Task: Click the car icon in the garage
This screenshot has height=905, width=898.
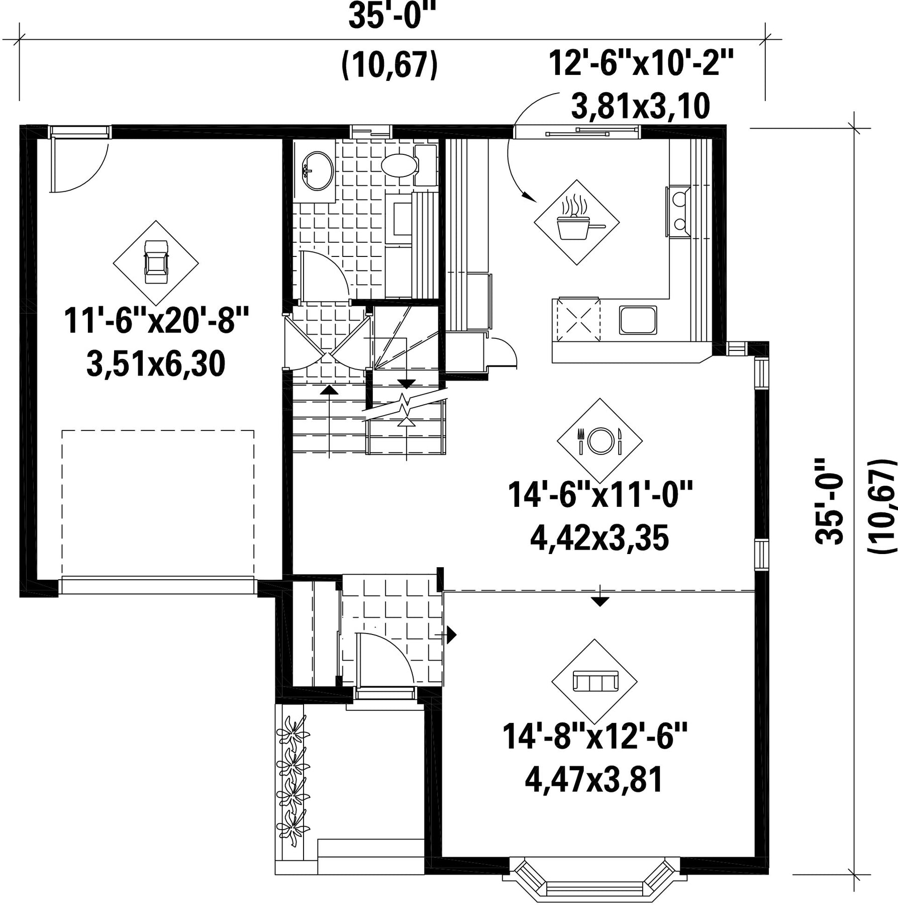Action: click(156, 262)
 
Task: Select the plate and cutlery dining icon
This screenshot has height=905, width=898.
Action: click(600, 440)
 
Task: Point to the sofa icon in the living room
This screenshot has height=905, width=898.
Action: click(594, 681)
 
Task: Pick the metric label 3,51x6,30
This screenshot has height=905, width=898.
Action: click(156, 364)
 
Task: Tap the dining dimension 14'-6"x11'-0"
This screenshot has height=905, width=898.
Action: click(600, 494)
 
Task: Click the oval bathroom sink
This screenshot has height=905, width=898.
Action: click(317, 171)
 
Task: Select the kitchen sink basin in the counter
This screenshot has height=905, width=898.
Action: click(638, 320)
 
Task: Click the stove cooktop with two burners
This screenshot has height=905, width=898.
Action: click(679, 211)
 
